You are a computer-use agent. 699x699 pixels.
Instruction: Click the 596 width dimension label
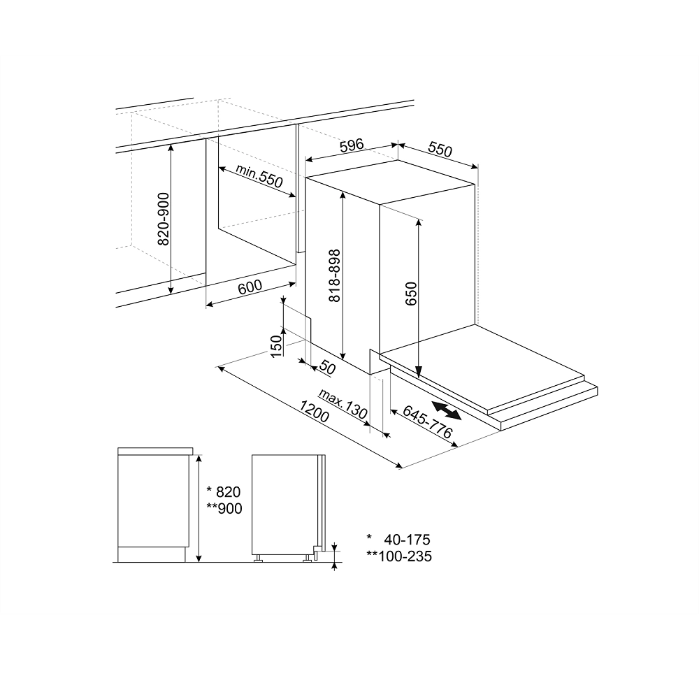pyautogui.click(x=352, y=145)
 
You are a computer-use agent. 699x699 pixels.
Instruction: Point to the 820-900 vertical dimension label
pyautogui.click(x=162, y=219)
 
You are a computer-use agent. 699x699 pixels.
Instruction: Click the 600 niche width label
pyautogui.click(x=250, y=286)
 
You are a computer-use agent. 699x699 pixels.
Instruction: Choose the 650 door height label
pyautogui.click(x=410, y=293)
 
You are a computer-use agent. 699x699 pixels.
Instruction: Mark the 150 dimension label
pyautogui.click(x=276, y=345)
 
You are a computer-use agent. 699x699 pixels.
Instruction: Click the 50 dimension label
pyautogui.click(x=328, y=368)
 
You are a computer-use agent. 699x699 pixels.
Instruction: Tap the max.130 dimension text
pyautogui.click(x=343, y=405)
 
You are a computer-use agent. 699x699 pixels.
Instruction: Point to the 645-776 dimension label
pyautogui.click(x=428, y=424)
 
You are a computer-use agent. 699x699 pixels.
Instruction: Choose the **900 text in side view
pyautogui.click(x=224, y=509)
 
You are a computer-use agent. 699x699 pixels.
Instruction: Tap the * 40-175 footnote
pyautogui.click(x=398, y=540)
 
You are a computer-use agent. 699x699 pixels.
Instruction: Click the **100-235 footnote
pyautogui.click(x=399, y=556)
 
